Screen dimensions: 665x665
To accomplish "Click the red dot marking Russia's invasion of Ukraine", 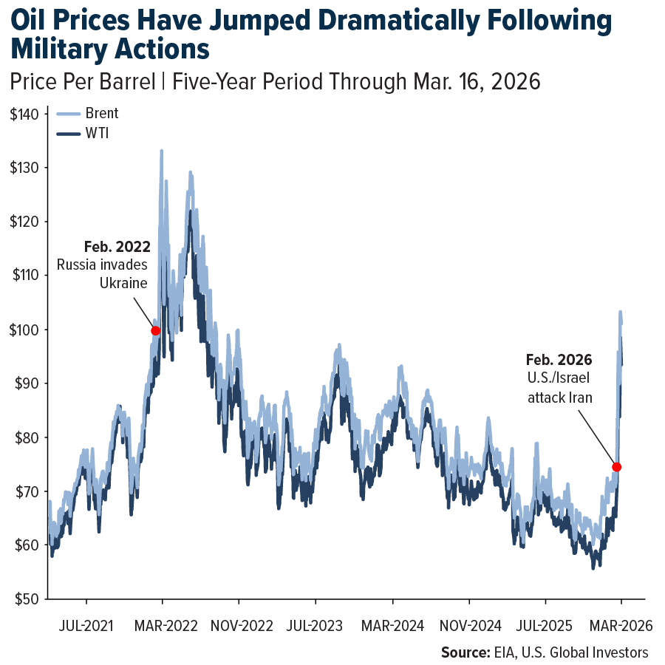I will click(156, 330).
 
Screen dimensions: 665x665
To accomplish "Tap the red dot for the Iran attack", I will click(616, 467).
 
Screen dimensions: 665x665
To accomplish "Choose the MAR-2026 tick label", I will click(621, 626).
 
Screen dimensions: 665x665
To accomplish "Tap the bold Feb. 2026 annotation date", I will click(559, 360).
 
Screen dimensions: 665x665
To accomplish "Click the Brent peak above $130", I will click(161, 151).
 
